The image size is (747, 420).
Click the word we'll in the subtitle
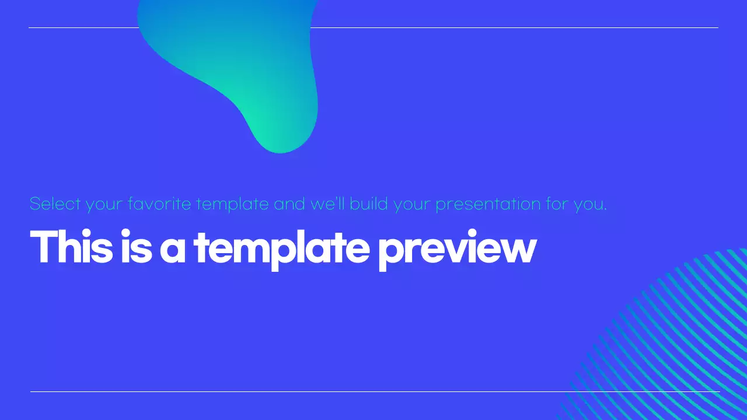328,204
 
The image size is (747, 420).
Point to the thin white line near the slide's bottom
292,391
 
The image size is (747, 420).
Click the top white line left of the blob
82,27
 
